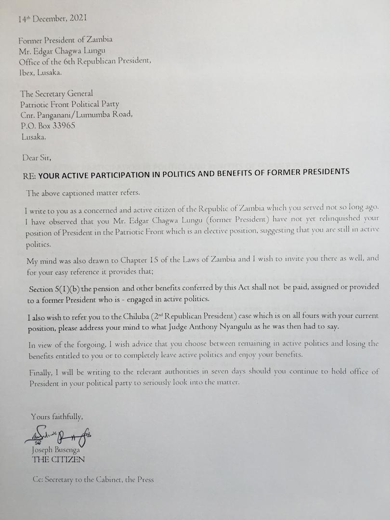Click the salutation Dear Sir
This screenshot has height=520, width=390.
tap(37, 156)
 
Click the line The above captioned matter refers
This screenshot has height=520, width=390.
tap(83, 194)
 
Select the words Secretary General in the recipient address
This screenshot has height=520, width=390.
tap(64, 93)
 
